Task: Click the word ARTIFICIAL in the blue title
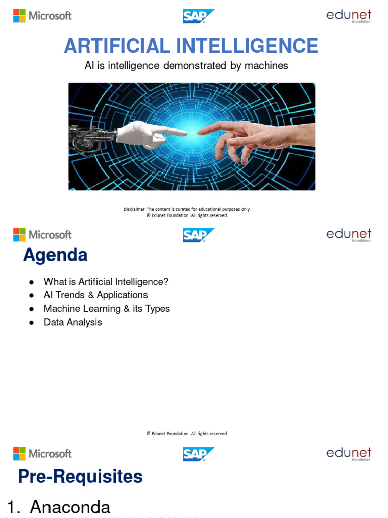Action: pyautogui.click(x=117, y=46)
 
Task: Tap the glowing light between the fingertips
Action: pyautogui.click(x=192, y=133)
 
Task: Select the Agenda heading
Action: pyautogui.click(x=55, y=255)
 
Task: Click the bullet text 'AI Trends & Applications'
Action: pyautogui.click(x=95, y=295)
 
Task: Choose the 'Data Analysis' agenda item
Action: pyautogui.click(x=73, y=322)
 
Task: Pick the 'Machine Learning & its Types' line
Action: pyautogui.click(x=107, y=309)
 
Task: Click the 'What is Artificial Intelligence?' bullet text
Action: pyautogui.click(x=106, y=282)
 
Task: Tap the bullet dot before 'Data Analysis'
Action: pyautogui.click(x=31, y=323)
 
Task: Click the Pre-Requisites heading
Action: pyautogui.click(x=80, y=477)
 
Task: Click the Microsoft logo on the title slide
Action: pyautogui.click(x=42, y=16)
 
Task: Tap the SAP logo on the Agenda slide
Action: pyautogui.click(x=198, y=235)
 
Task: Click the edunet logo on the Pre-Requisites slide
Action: pyautogui.click(x=349, y=454)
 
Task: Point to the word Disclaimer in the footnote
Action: pyautogui.click(x=134, y=209)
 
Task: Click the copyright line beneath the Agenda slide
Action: pyautogui.click(x=187, y=434)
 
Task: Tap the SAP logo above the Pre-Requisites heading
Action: pyautogui.click(x=198, y=454)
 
